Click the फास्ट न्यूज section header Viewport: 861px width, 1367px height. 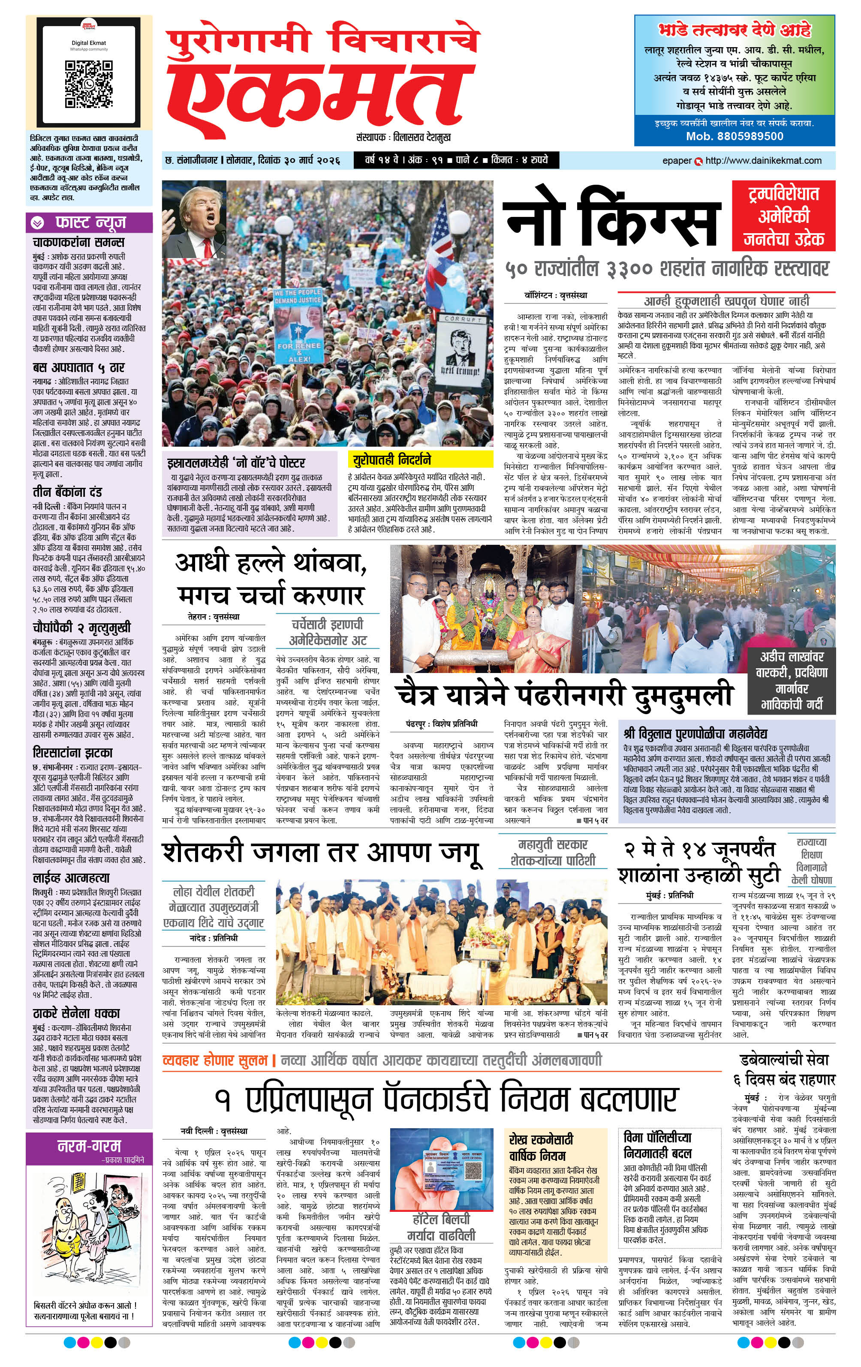click(90, 222)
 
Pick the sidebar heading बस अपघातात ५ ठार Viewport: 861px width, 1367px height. click(78, 367)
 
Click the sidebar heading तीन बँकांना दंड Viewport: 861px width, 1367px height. click(67, 491)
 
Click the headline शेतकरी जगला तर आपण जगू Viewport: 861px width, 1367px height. click(322, 853)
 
